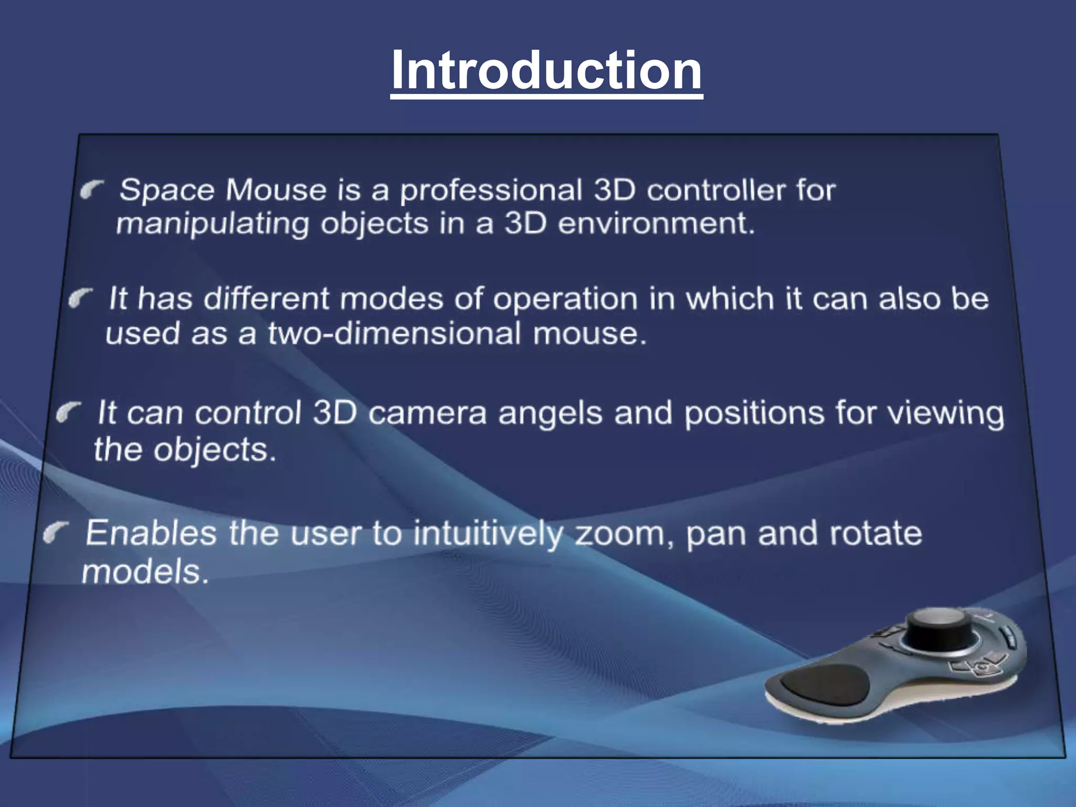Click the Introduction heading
point(546,70)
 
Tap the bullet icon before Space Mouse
point(92,190)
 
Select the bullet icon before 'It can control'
point(69,412)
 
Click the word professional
point(491,191)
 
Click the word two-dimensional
point(394,334)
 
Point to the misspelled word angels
point(550,413)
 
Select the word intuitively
point(488,534)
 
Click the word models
point(145,572)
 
